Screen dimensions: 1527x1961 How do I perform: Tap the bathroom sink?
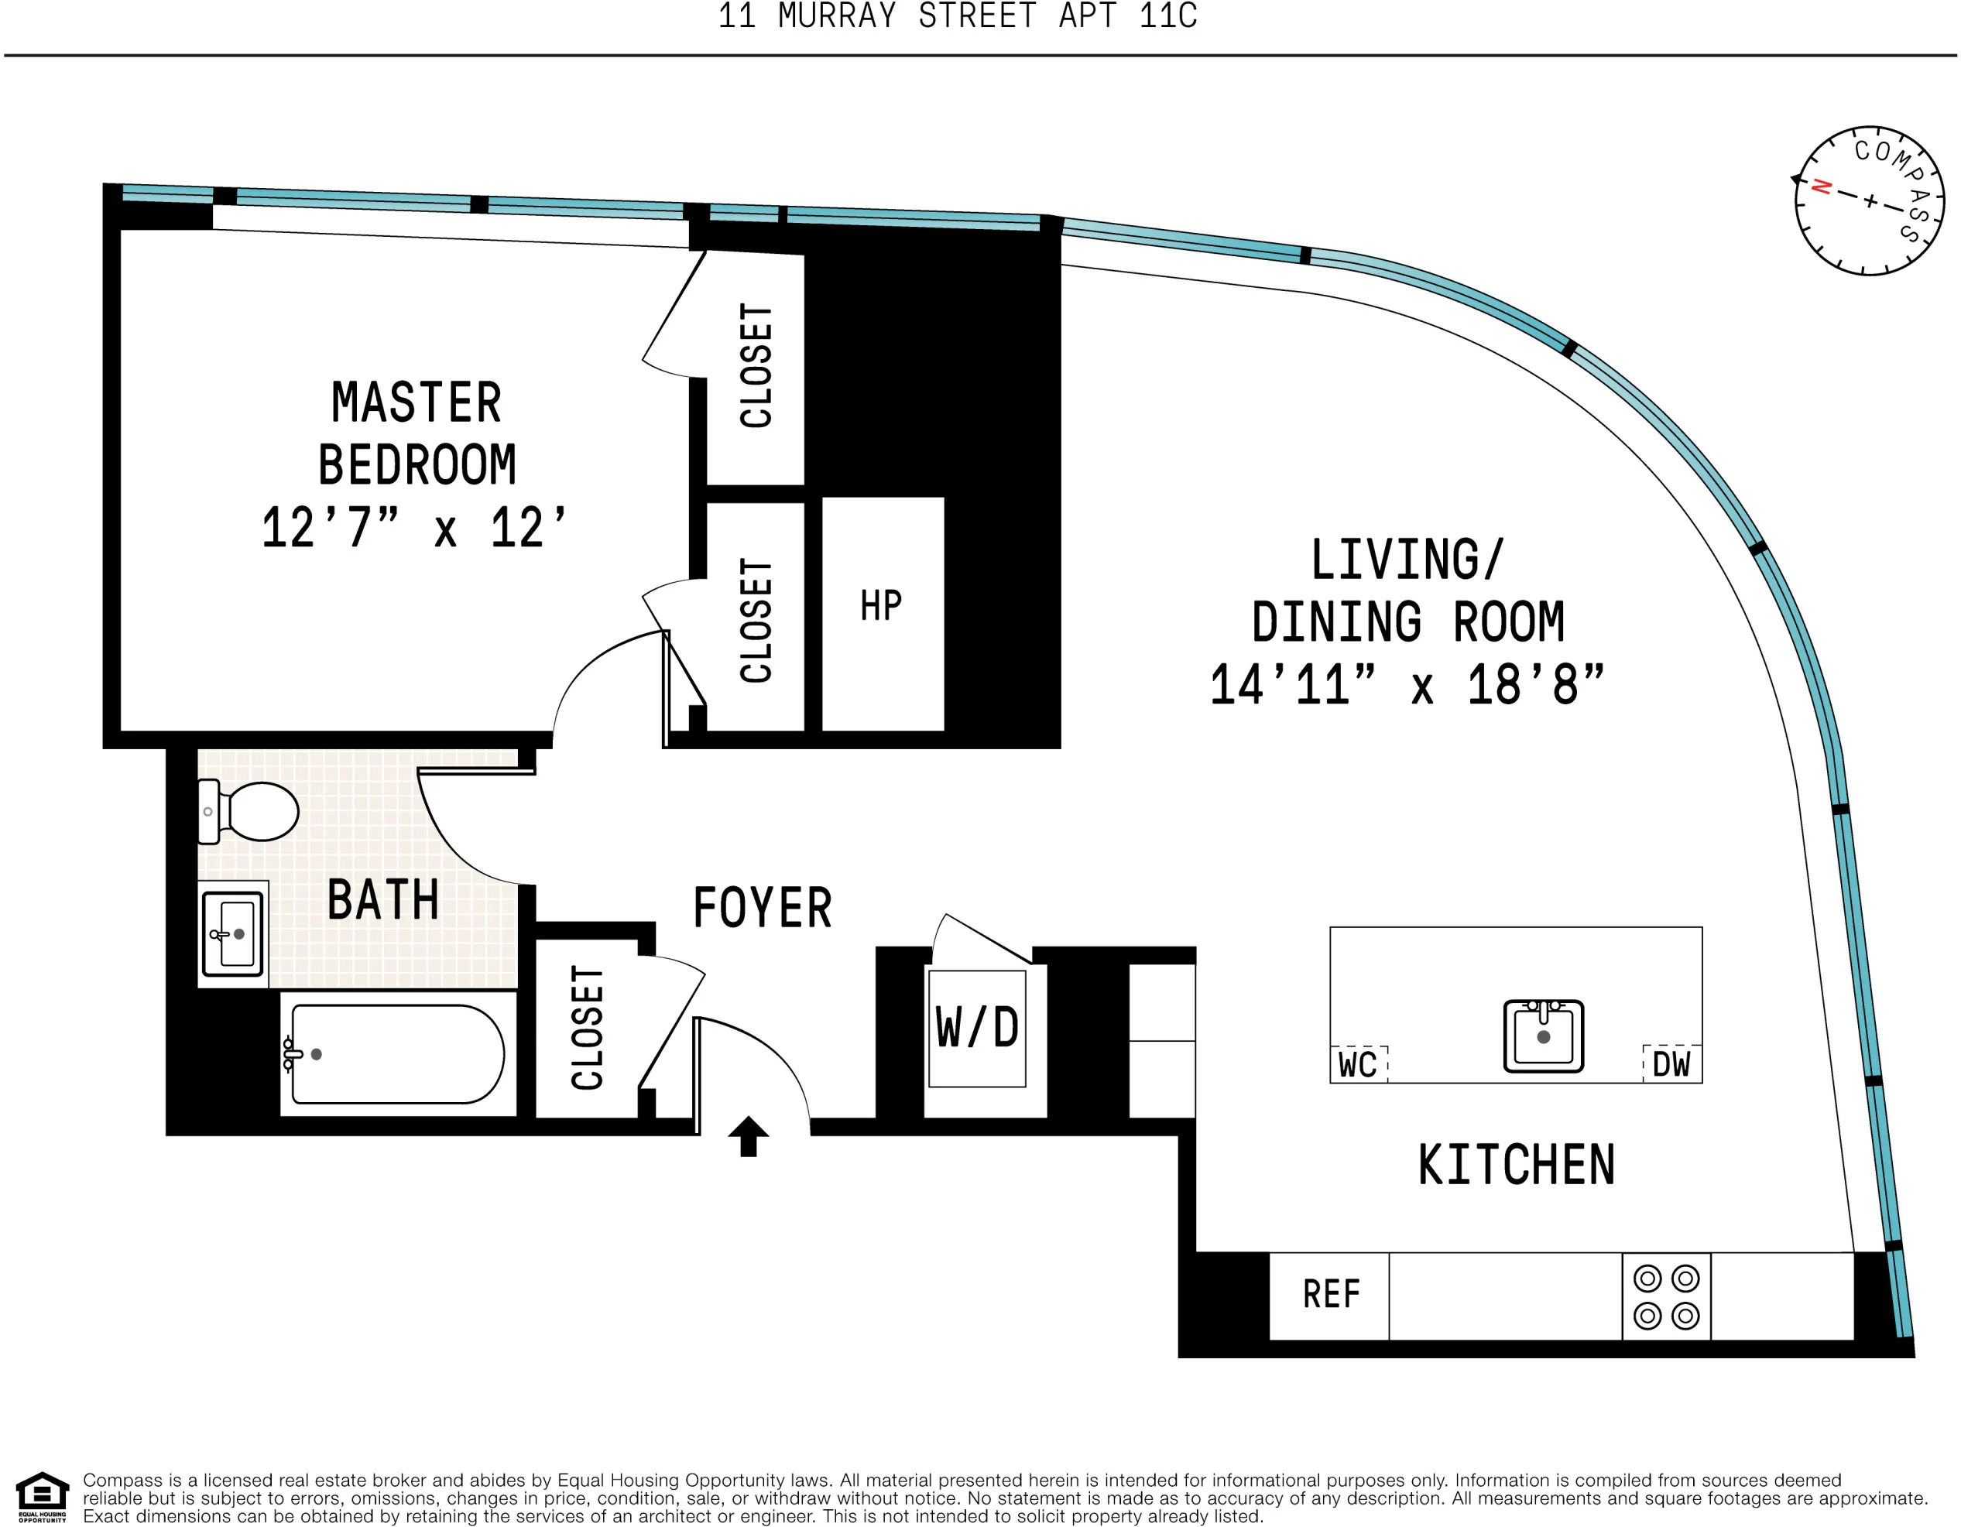[232, 934]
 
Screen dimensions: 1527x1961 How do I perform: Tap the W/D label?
[977, 1028]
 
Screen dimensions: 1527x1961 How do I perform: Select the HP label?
[881, 606]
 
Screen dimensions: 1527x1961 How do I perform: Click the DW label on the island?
[1671, 1065]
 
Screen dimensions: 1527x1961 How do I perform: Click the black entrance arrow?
[748, 1135]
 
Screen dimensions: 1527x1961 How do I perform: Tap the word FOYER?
[763, 908]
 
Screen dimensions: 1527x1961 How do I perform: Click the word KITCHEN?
[1516, 1166]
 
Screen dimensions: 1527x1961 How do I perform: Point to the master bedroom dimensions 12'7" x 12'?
[414, 528]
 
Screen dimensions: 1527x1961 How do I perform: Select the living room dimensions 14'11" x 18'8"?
[1406, 686]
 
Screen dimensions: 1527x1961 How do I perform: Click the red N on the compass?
[1821, 187]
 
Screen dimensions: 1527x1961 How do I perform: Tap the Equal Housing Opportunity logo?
[43, 1498]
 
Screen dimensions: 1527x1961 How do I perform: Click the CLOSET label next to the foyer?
[588, 1028]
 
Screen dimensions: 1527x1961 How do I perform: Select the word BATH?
[382, 900]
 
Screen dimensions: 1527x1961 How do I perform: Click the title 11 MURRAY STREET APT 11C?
[957, 16]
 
